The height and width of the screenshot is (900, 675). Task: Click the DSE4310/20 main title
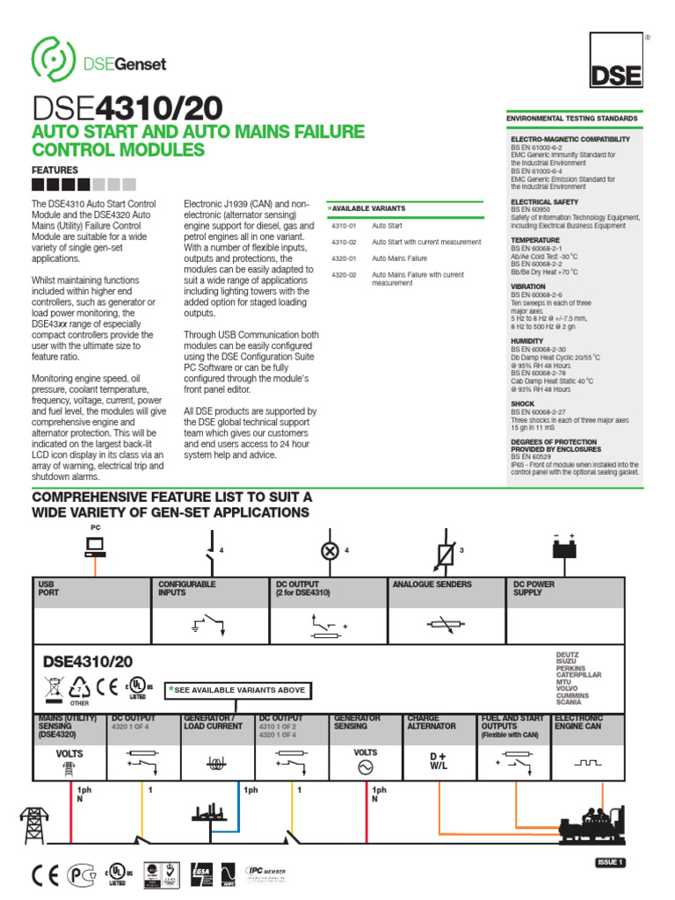point(127,108)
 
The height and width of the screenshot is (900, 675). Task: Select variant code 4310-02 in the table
point(344,242)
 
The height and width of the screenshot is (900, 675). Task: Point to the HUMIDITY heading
point(526,341)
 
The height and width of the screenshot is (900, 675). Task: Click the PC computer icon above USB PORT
point(95,548)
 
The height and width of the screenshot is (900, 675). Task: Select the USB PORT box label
point(47,588)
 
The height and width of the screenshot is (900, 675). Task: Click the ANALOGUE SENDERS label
point(432,584)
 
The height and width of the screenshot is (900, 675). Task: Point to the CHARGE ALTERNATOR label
point(432,722)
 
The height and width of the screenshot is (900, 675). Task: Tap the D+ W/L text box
point(439,760)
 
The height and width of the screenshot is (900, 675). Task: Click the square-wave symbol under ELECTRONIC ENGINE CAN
point(588,761)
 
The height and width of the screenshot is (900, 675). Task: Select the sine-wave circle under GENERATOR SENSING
point(364,767)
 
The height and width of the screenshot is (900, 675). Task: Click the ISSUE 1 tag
point(611,862)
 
